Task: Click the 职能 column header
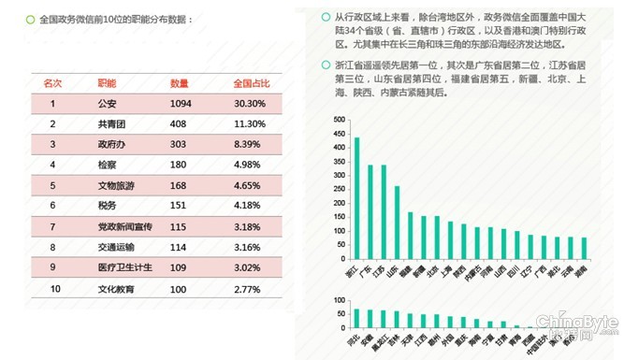click(107, 83)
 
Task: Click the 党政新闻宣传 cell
click(123, 227)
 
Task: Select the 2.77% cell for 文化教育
click(249, 289)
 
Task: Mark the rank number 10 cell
click(54, 289)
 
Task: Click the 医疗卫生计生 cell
click(123, 268)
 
